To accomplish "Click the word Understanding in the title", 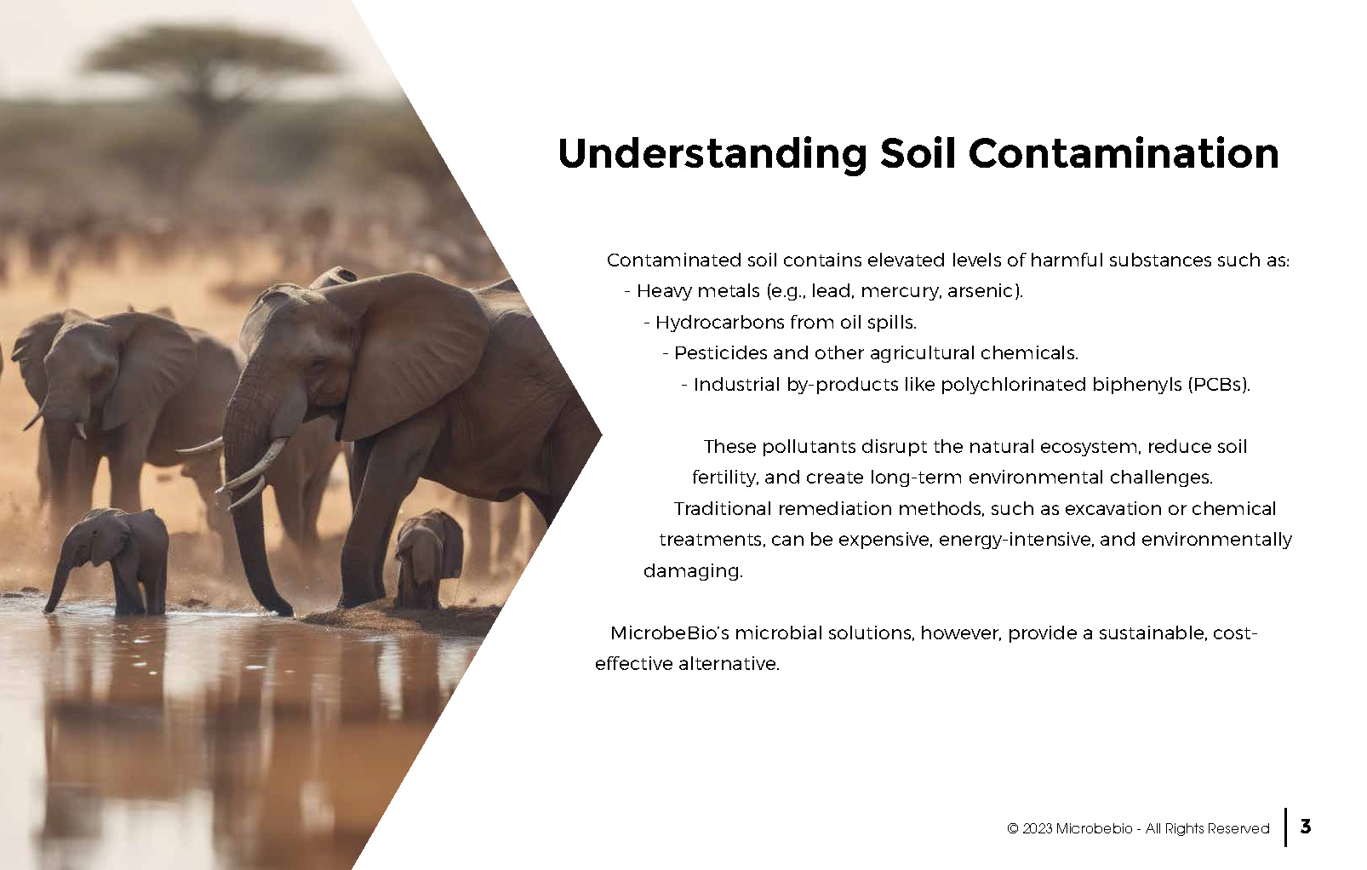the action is (x=712, y=155).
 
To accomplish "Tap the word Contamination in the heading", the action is (x=1123, y=153).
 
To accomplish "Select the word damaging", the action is (x=693, y=572).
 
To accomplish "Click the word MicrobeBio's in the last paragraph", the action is (x=670, y=632).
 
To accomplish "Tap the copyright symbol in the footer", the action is (x=1012, y=828).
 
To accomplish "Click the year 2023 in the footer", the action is (x=1037, y=828).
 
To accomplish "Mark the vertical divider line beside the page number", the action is (x=1286, y=827).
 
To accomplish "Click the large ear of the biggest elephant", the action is (x=409, y=354).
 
